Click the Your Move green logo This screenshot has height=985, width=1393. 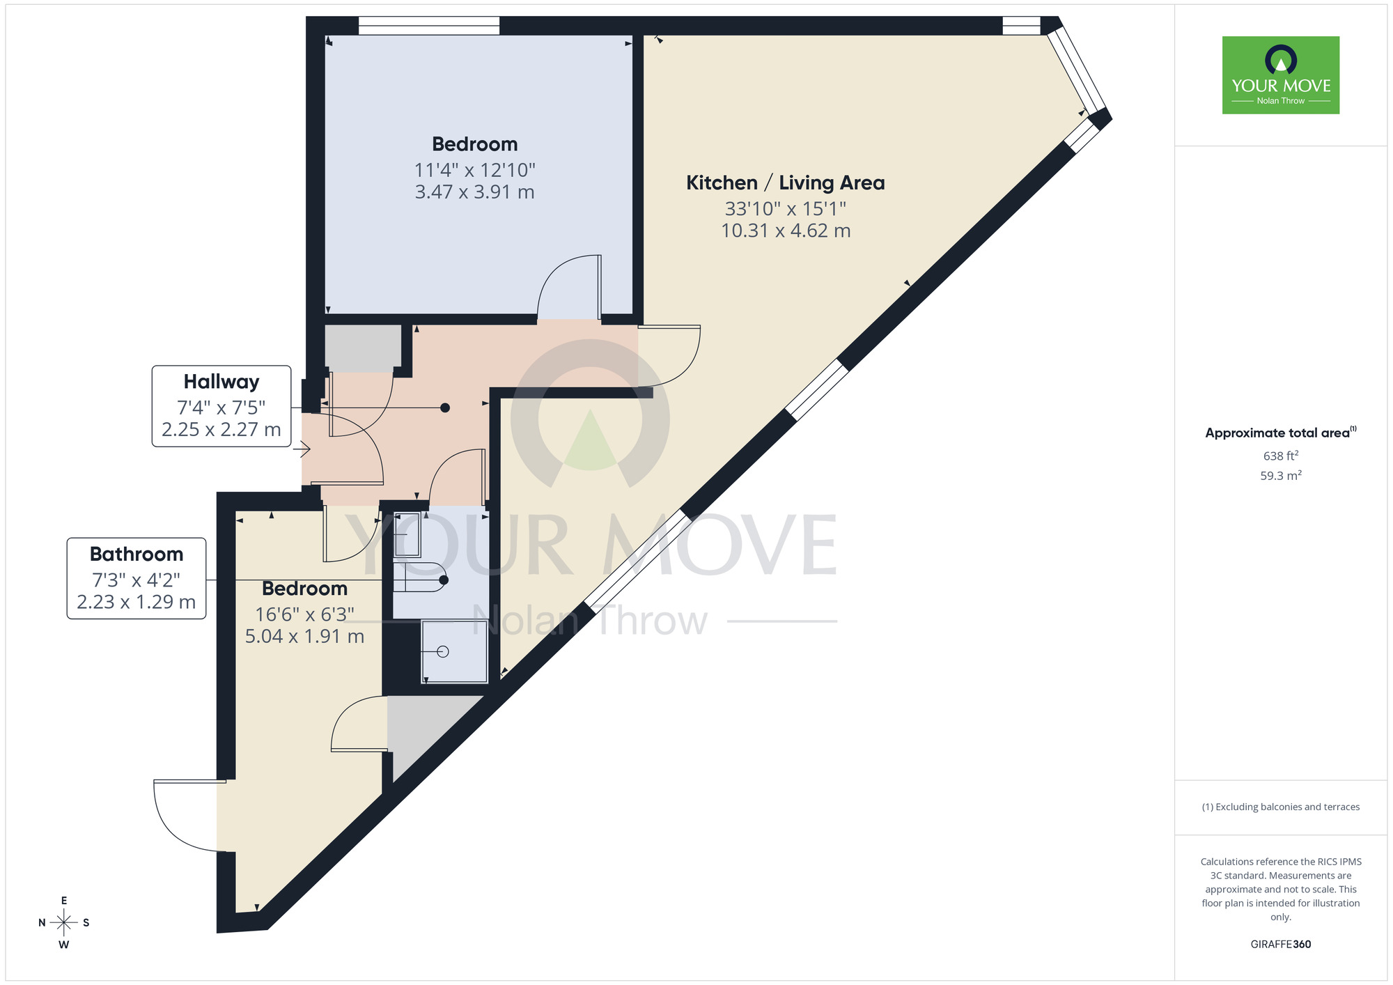[x=1280, y=75]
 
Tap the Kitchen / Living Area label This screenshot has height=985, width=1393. [x=785, y=183]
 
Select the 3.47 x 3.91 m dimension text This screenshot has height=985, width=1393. [x=474, y=192]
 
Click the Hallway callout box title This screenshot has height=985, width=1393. [x=221, y=382]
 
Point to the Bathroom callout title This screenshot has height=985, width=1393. [x=137, y=554]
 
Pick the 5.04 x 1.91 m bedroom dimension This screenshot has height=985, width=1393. [x=304, y=637]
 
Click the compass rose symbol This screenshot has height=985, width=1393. [x=64, y=923]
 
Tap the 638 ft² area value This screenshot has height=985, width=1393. [x=1280, y=456]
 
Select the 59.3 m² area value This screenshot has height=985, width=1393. [x=1280, y=476]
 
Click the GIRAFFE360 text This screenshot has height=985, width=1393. [x=1280, y=945]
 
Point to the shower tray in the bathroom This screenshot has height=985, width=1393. [x=455, y=652]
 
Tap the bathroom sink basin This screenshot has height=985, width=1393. [x=407, y=535]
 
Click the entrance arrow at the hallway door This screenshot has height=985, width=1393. [x=302, y=451]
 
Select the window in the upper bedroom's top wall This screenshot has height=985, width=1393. [x=428, y=26]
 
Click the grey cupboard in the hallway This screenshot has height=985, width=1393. [x=363, y=348]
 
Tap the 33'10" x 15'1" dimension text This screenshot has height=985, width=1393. [x=785, y=209]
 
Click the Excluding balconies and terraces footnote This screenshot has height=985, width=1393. [x=1280, y=807]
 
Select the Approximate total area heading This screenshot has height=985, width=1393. [x=1280, y=433]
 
